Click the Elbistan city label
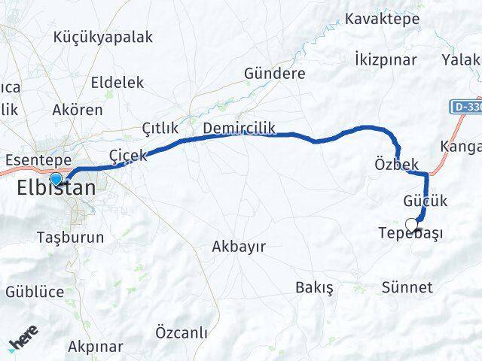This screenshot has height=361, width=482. click(56, 188)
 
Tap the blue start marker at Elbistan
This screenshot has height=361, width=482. click(56, 178)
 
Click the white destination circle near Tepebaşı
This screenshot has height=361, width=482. click(411, 224)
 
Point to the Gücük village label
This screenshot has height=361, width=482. click(425, 201)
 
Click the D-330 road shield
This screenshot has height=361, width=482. click(467, 108)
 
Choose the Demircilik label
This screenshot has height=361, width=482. click(239, 129)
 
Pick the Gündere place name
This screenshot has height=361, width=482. click(274, 74)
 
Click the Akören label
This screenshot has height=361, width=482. click(78, 110)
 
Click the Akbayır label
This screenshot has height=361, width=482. click(239, 246)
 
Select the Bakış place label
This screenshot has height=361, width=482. click(315, 287)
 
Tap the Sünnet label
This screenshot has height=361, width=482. click(407, 287)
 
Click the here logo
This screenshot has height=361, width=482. click(23, 343)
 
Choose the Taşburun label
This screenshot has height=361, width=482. click(70, 237)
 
